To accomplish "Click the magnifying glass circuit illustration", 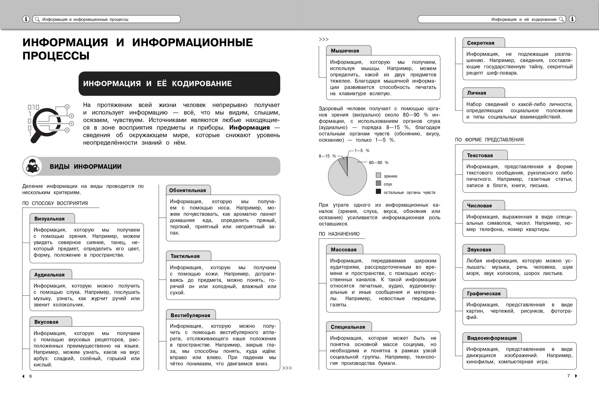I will click(x=50, y=123).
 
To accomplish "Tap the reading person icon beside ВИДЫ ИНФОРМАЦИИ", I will click(x=32, y=166).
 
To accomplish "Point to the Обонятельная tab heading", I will click(x=188, y=190).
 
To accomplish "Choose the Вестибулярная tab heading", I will click(x=191, y=315).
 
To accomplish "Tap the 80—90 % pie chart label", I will click(x=379, y=163).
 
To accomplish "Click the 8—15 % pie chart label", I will click(x=327, y=156).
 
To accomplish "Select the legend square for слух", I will click(x=378, y=183).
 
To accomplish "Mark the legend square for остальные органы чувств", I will click(x=378, y=192).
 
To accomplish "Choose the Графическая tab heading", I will click(x=484, y=293).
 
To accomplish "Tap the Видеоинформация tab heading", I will click(x=492, y=338).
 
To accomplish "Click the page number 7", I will click(x=568, y=376).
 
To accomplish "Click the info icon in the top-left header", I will click(x=26, y=19).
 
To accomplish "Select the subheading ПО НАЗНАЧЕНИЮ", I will click(x=339, y=234).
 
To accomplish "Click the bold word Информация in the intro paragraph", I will click(x=249, y=128).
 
